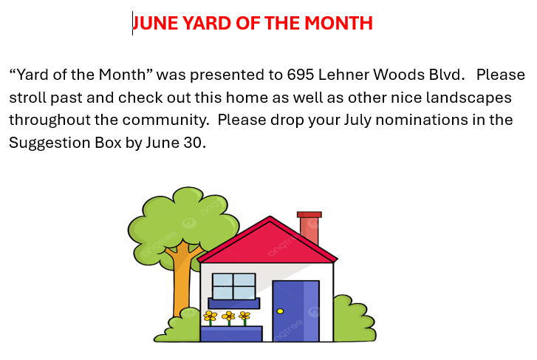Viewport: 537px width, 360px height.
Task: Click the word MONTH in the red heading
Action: [x=338, y=24]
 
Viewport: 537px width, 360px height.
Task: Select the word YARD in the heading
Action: [x=207, y=24]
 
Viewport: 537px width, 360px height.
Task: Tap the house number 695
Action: [x=301, y=75]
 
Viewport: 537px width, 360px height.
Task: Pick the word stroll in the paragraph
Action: [x=28, y=98]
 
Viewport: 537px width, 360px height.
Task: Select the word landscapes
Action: [x=469, y=98]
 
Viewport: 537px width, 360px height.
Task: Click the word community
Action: [x=165, y=120]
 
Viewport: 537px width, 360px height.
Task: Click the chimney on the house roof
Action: [x=309, y=228]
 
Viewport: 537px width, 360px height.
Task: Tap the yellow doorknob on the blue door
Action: [x=280, y=311]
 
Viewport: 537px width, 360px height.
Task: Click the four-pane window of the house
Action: [x=234, y=286]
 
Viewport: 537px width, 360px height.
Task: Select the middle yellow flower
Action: [x=228, y=316]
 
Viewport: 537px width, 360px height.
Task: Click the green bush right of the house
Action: [x=355, y=319]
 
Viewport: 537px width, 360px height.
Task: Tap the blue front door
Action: [x=296, y=311]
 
